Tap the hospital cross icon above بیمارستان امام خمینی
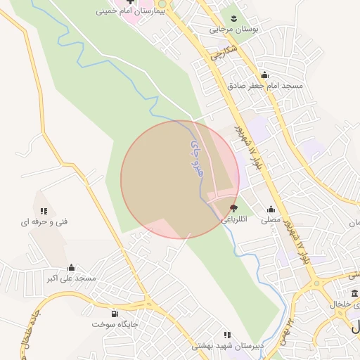coord(130,2)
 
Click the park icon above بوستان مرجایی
coord(233,19)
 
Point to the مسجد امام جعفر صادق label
coord(264,85)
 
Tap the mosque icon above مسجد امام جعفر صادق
coord(264,75)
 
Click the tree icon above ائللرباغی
coord(233,208)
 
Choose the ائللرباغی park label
coord(233,219)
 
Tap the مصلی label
coord(271,219)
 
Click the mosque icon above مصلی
coord(271,209)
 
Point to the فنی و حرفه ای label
coord(44,221)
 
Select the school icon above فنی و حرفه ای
coord(44,211)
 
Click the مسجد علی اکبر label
coord(71,278)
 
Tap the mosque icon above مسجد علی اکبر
coord(71,268)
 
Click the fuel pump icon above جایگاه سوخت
coord(115,314)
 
